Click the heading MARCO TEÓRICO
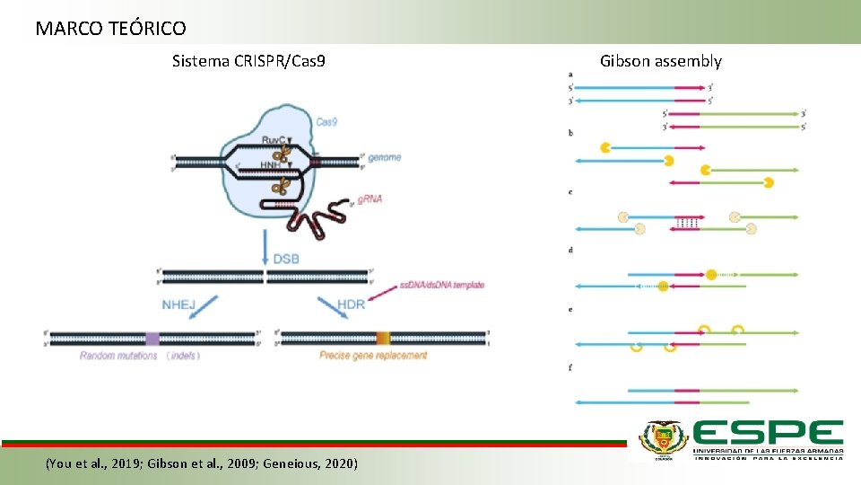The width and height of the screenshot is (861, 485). click(x=110, y=29)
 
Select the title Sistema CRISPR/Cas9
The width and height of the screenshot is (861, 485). click(x=248, y=62)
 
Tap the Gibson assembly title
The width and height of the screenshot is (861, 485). click(x=660, y=62)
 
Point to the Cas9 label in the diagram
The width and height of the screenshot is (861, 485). click(x=326, y=120)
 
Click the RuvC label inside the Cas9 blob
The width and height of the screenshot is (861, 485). click(x=275, y=139)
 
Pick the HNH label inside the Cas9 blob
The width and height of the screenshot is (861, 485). click(x=271, y=165)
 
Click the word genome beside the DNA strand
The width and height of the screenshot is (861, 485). click(x=384, y=158)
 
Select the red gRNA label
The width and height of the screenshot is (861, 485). click(x=369, y=198)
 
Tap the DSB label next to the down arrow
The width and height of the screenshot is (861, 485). click(x=286, y=259)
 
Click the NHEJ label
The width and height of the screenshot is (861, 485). click(x=178, y=304)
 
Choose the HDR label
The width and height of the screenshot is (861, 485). click(x=351, y=304)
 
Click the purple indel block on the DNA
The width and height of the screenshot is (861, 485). click(x=152, y=339)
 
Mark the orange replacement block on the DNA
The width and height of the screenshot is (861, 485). click(x=383, y=339)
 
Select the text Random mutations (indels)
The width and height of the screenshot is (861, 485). click(x=139, y=356)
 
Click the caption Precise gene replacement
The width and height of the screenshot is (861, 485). click(x=373, y=356)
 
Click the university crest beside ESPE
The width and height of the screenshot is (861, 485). click(x=663, y=440)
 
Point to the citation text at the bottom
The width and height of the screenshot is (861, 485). click(x=201, y=463)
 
